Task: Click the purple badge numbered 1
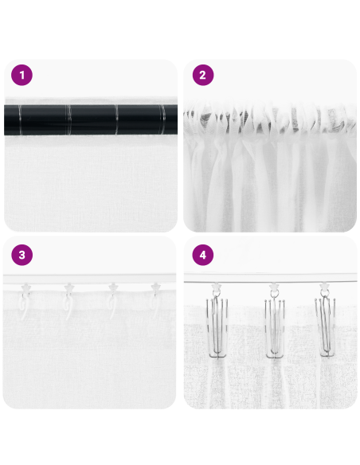(22, 76)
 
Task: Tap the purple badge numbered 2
(203, 76)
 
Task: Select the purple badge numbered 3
(22, 255)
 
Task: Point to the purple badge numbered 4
(203, 255)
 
